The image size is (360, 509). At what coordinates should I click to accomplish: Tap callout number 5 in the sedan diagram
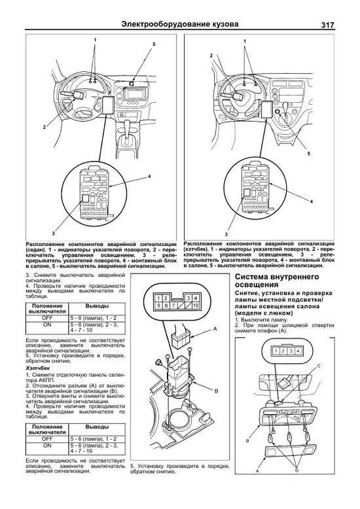pos(154,44)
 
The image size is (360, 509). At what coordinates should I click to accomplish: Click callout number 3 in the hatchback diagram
pos(226,233)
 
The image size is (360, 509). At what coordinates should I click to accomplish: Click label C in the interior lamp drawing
pos(337,364)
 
